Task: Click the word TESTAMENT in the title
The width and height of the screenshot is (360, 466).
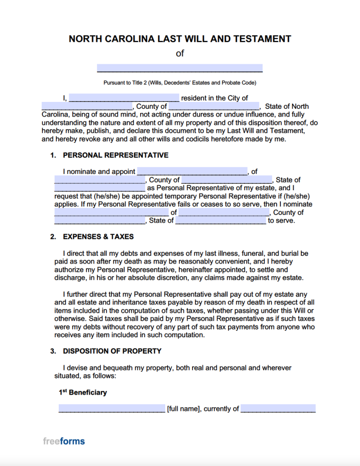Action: click(x=262, y=39)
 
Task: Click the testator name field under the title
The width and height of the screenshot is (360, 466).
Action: click(x=180, y=68)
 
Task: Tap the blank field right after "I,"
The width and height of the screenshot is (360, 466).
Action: click(x=124, y=98)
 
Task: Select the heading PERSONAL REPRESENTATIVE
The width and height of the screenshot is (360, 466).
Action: click(x=116, y=155)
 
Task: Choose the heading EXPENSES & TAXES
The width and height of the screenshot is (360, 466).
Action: click(x=98, y=237)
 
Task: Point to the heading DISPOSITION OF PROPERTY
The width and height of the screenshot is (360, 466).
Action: click(x=112, y=351)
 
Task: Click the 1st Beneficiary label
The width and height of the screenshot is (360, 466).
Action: click(x=83, y=392)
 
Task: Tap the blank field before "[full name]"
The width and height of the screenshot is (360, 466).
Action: click(x=112, y=409)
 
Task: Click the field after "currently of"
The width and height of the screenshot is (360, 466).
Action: click(x=278, y=409)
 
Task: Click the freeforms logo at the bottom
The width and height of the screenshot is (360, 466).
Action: click(x=64, y=441)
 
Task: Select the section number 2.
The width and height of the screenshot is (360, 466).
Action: click(x=53, y=237)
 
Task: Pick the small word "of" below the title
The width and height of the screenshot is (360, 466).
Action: click(x=180, y=53)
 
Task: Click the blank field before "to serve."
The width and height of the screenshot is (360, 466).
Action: click(x=221, y=221)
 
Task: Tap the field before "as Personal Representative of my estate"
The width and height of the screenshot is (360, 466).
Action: click(x=100, y=188)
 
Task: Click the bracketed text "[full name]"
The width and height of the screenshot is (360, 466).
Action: click(x=183, y=409)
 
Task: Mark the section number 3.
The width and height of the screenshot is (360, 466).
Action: click(x=53, y=351)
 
